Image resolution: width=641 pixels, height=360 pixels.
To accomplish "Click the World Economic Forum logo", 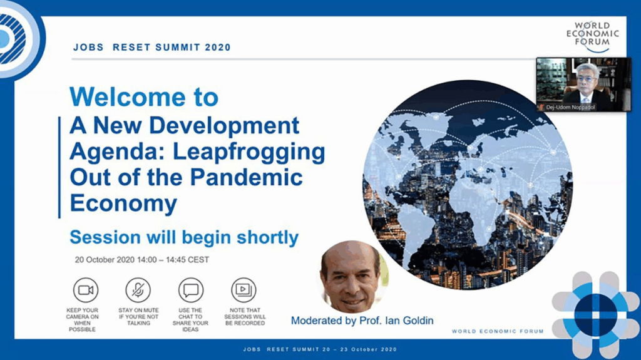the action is click(593, 36).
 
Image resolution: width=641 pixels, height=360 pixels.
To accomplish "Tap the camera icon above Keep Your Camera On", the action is click(85, 290).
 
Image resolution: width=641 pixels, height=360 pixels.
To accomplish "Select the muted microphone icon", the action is click(138, 290).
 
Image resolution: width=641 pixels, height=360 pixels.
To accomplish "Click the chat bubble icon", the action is click(191, 290).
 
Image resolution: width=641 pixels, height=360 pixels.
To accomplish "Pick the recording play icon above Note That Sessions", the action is click(244, 290).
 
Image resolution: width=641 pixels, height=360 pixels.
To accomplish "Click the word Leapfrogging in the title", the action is click(249, 152).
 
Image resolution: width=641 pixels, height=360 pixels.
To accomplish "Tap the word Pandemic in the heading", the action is click(246, 177).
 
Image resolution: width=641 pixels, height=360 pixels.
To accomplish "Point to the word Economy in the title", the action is click(123, 203).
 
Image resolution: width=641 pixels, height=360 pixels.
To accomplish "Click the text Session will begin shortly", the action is click(184, 237).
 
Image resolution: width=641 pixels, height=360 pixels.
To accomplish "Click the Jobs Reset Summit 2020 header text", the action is click(152, 48).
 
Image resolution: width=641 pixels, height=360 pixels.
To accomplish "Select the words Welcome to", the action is click(144, 97).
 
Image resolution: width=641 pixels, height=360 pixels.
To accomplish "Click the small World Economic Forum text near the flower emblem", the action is click(498, 331).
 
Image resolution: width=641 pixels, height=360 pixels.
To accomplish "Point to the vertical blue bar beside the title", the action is click(59, 167).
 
